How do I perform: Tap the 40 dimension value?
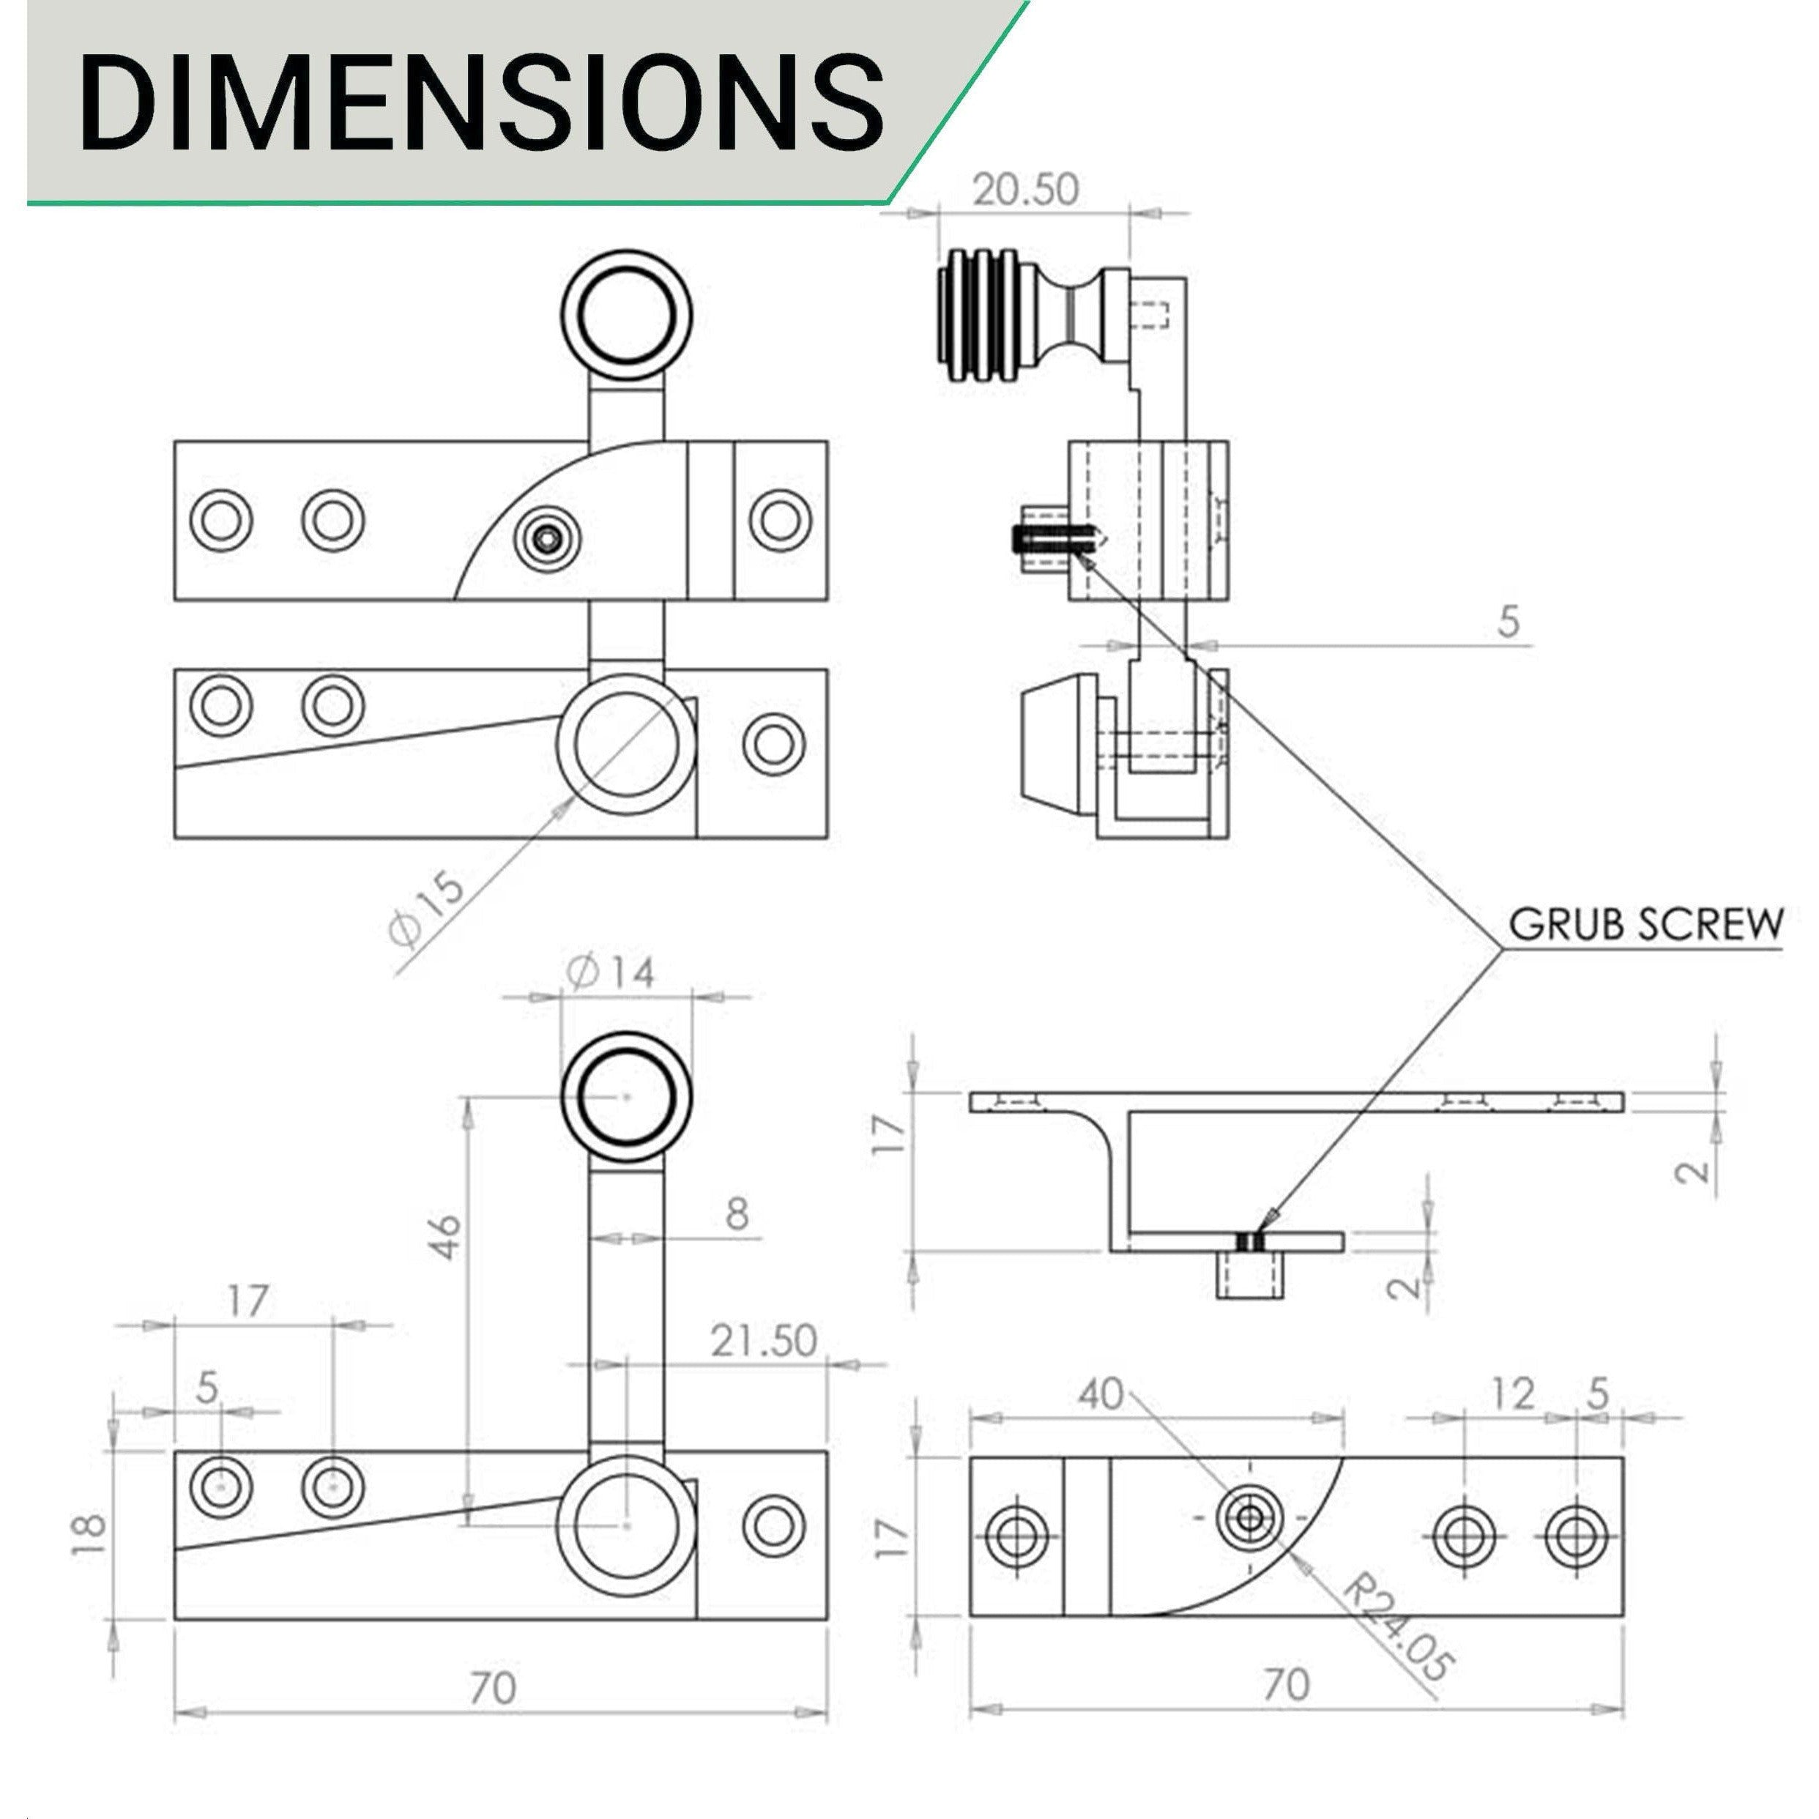pos(1101,1394)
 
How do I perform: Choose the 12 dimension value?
pos(1513,1394)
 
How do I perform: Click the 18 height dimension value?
pos(89,1538)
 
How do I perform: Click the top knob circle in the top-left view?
pos(626,314)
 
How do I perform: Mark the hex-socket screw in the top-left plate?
pos(547,538)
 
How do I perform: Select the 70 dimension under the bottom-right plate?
pos(1286,1684)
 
